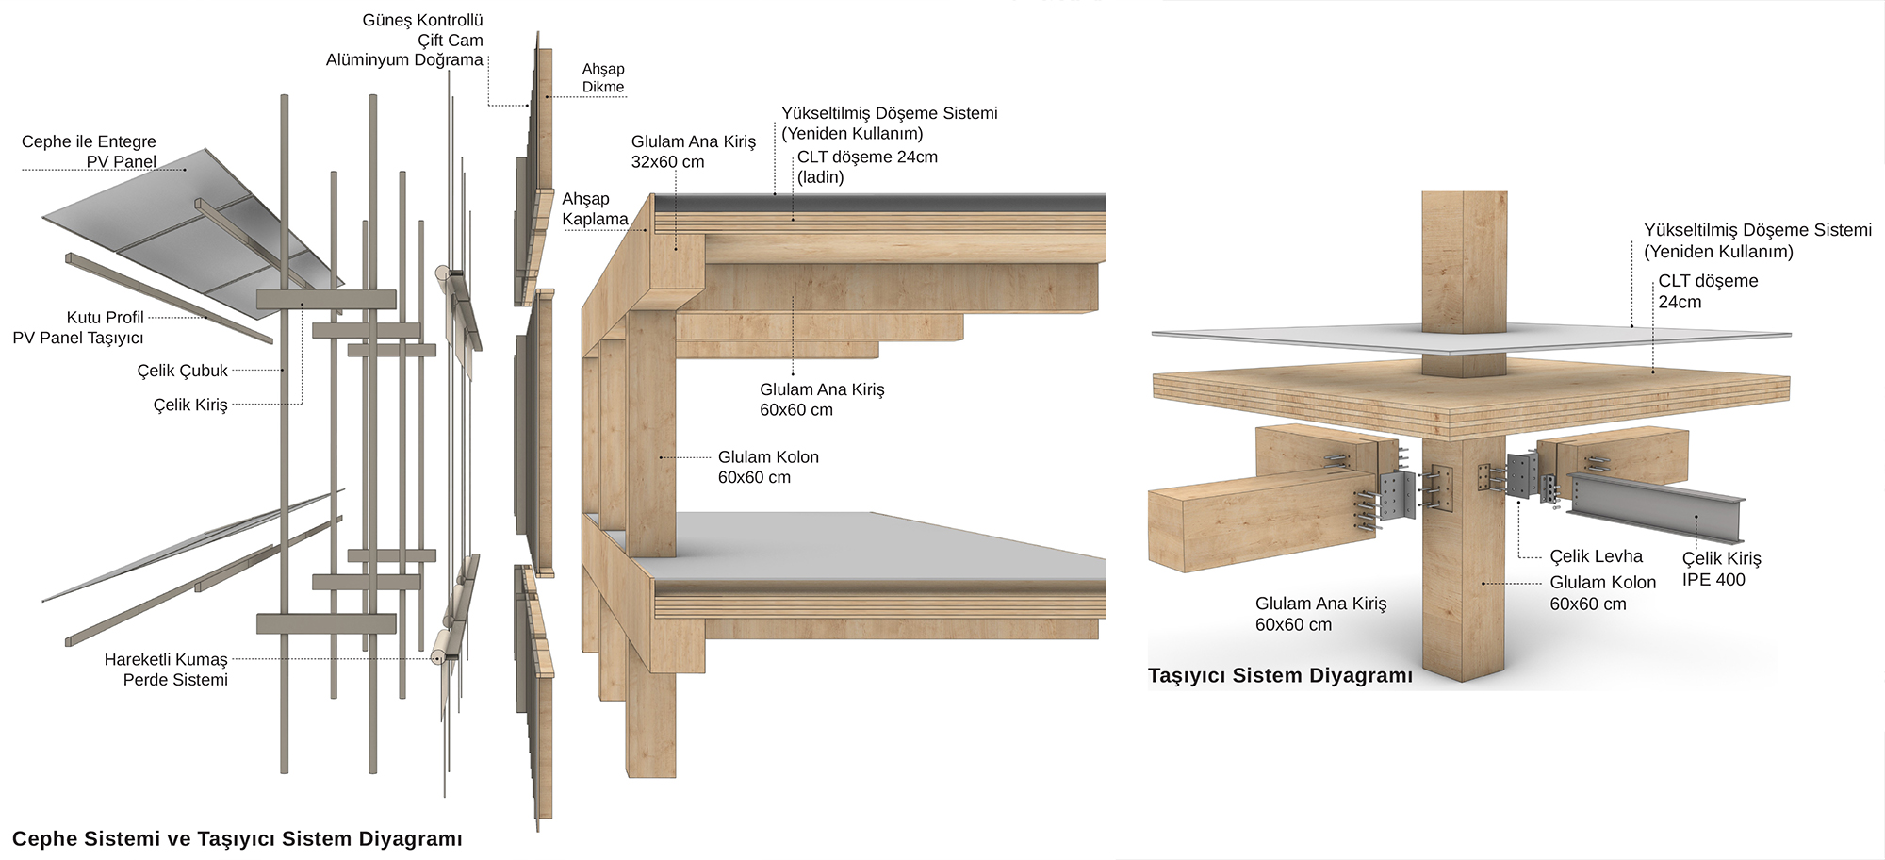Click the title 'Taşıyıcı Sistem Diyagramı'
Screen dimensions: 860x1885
(x=1280, y=675)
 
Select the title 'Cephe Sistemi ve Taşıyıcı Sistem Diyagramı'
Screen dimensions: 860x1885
(x=237, y=838)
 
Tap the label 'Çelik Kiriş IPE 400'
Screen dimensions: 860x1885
(x=1720, y=569)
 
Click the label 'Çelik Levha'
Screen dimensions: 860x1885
(x=1596, y=556)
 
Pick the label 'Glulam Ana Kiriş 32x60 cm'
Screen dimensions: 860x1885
(x=693, y=152)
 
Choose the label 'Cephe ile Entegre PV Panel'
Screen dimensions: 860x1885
(x=90, y=152)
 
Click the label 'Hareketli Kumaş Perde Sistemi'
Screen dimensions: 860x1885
(x=167, y=670)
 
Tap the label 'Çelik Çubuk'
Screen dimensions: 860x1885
(x=182, y=371)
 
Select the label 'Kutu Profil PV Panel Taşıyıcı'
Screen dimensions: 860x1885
(x=79, y=327)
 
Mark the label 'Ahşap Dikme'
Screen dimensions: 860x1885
(x=603, y=77)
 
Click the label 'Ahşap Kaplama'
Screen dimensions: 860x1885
(x=594, y=208)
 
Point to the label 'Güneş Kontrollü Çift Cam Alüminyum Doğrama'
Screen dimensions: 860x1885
(x=405, y=40)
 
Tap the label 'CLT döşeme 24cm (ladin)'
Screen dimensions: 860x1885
(x=866, y=167)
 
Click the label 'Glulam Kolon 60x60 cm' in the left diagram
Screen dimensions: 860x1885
(x=767, y=467)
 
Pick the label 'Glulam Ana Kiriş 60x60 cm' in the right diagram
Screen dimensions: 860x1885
(x=1319, y=613)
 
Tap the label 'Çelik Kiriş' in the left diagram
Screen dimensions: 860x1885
(x=190, y=405)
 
